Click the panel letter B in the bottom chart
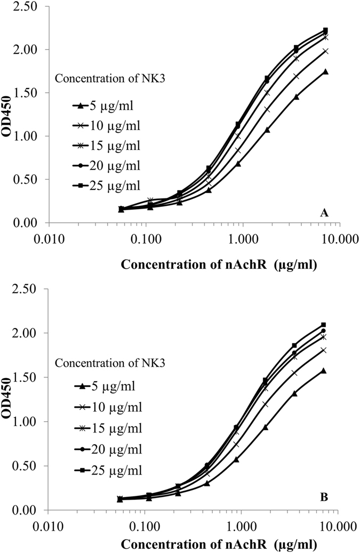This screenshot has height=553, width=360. [x=323, y=497]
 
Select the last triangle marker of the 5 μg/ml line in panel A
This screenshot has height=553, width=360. [x=325, y=71]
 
